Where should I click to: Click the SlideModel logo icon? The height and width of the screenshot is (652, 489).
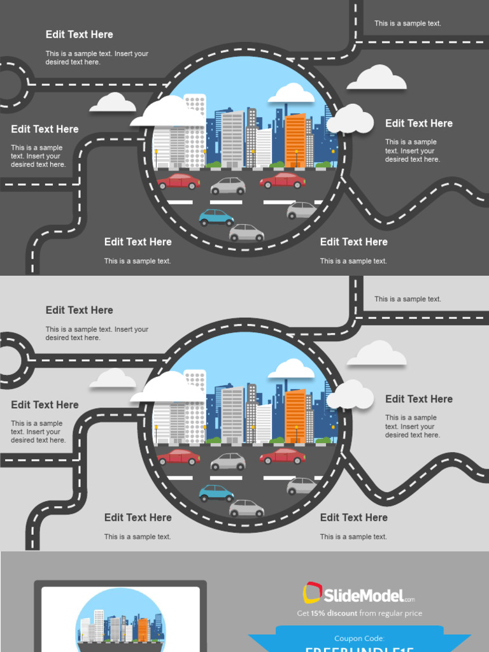pyautogui.click(x=312, y=593)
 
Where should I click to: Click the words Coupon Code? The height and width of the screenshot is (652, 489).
pyautogui.click(x=359, y=638)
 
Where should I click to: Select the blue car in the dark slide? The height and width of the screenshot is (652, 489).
pyautogui.click(x=216, y=217)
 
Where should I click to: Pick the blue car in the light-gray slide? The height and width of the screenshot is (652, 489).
pyautogui.click(x=216, y=493)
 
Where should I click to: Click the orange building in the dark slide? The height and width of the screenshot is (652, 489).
pyautogui.click(x=295, y=141)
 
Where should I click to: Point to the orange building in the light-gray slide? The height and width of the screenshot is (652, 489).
pyautogui.click(x=295, y=416)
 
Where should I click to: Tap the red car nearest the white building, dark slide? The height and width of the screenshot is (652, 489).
pyautogui.click(x=178, y=181)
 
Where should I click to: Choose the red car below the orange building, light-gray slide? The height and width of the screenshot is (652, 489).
pyautogui.click(x=282, y=456)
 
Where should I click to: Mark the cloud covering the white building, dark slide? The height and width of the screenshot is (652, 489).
pyautogui.click(x=167, y=113)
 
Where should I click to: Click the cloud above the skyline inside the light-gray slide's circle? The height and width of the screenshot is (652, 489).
pyautogui.click(x=291, y=370)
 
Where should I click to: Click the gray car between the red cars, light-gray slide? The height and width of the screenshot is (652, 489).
pyautogui.click(x=228, y=462)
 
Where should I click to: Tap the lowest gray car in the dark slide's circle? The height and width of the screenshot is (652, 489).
pyautogui.click(x=246, y=233)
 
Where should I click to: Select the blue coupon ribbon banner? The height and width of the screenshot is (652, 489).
pyautogui.click(x=359, y=639)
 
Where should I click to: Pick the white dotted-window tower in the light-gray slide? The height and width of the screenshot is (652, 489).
pyautogui.click(x=195, y=401)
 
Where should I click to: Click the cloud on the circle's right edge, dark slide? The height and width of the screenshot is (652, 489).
pyautogui.click(x=350, y=119)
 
